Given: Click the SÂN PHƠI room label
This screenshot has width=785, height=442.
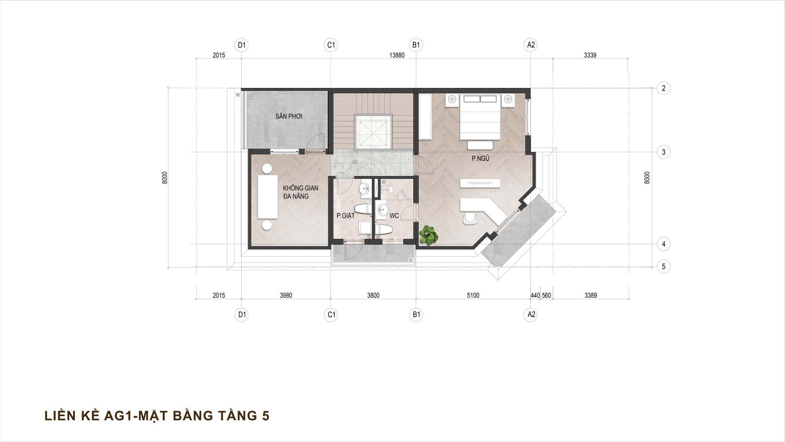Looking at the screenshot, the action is tap(289, 117).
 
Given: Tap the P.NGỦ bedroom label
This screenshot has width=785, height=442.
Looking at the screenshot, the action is tap(480, 159).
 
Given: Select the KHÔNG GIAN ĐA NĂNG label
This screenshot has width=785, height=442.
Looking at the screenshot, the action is tap(301, 192).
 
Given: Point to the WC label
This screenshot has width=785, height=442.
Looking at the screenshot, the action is tap(394, 216).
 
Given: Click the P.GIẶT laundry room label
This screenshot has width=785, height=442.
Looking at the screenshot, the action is tap(345, 216).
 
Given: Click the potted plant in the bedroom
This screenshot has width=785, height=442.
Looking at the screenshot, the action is tap(428, 235).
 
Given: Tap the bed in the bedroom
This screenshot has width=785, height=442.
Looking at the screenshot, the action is tap(480, 117).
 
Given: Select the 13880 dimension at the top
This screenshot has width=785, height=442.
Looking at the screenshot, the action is tap(397, 55).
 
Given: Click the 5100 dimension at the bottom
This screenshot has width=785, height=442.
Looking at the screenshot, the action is tap(473, 295).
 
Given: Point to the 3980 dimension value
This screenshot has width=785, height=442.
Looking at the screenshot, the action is tap(286, 295).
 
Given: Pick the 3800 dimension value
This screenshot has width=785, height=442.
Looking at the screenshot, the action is tap(373, 295).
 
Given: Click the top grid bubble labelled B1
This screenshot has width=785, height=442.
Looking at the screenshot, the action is tap(416, 45).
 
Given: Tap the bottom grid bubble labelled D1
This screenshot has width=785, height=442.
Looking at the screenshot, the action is tap(242, 315).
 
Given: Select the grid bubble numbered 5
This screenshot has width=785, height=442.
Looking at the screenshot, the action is tap(664, 267).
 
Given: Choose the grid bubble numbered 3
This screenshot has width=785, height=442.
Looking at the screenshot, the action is tap(664, 153).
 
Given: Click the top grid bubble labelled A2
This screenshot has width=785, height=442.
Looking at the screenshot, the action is tap(531, 45).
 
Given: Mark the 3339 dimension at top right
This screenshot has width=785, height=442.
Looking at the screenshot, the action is tap(590, 55).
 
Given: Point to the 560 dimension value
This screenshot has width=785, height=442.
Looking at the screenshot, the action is tap(546, 295).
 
